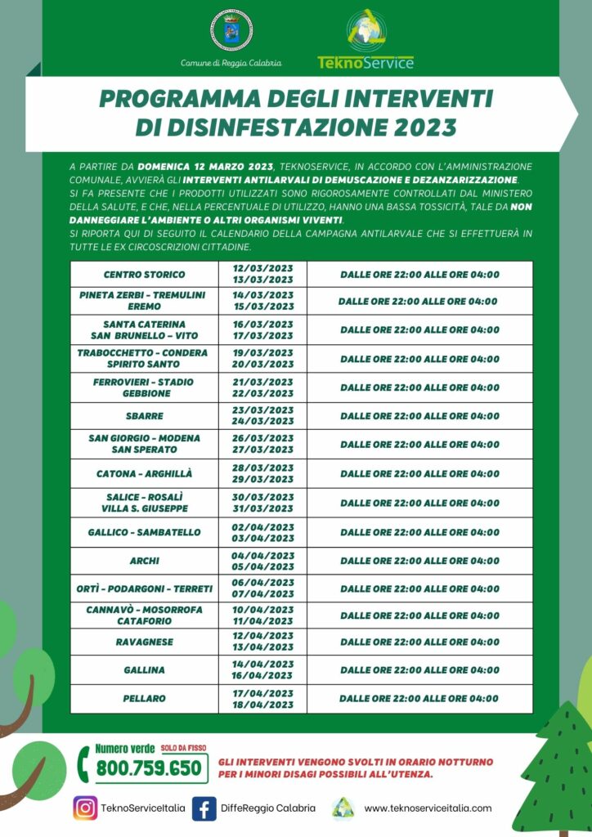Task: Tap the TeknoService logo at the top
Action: tap(365, 39)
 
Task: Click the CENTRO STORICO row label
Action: tap(145, 274)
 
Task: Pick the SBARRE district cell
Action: tap(145, 416)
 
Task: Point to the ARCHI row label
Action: tap(145, 561)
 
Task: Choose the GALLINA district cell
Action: tap(145, 669)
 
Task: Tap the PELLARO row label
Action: tap(145, 698)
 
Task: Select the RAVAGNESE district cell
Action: tap(145, 642)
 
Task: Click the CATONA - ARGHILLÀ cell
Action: tap(145, 473)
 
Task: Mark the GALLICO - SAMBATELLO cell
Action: tap(145, 532)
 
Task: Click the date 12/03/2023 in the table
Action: tap(263, 268)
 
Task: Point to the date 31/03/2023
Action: tap(263, 508)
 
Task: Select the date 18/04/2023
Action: tap(263, 704)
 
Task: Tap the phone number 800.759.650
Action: tap(149, 768)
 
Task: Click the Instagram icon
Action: tap(85, 808)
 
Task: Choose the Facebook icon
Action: tap(204, 808)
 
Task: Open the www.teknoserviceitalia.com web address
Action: tap(428, 808)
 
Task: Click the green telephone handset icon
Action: tap(83, 764)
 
